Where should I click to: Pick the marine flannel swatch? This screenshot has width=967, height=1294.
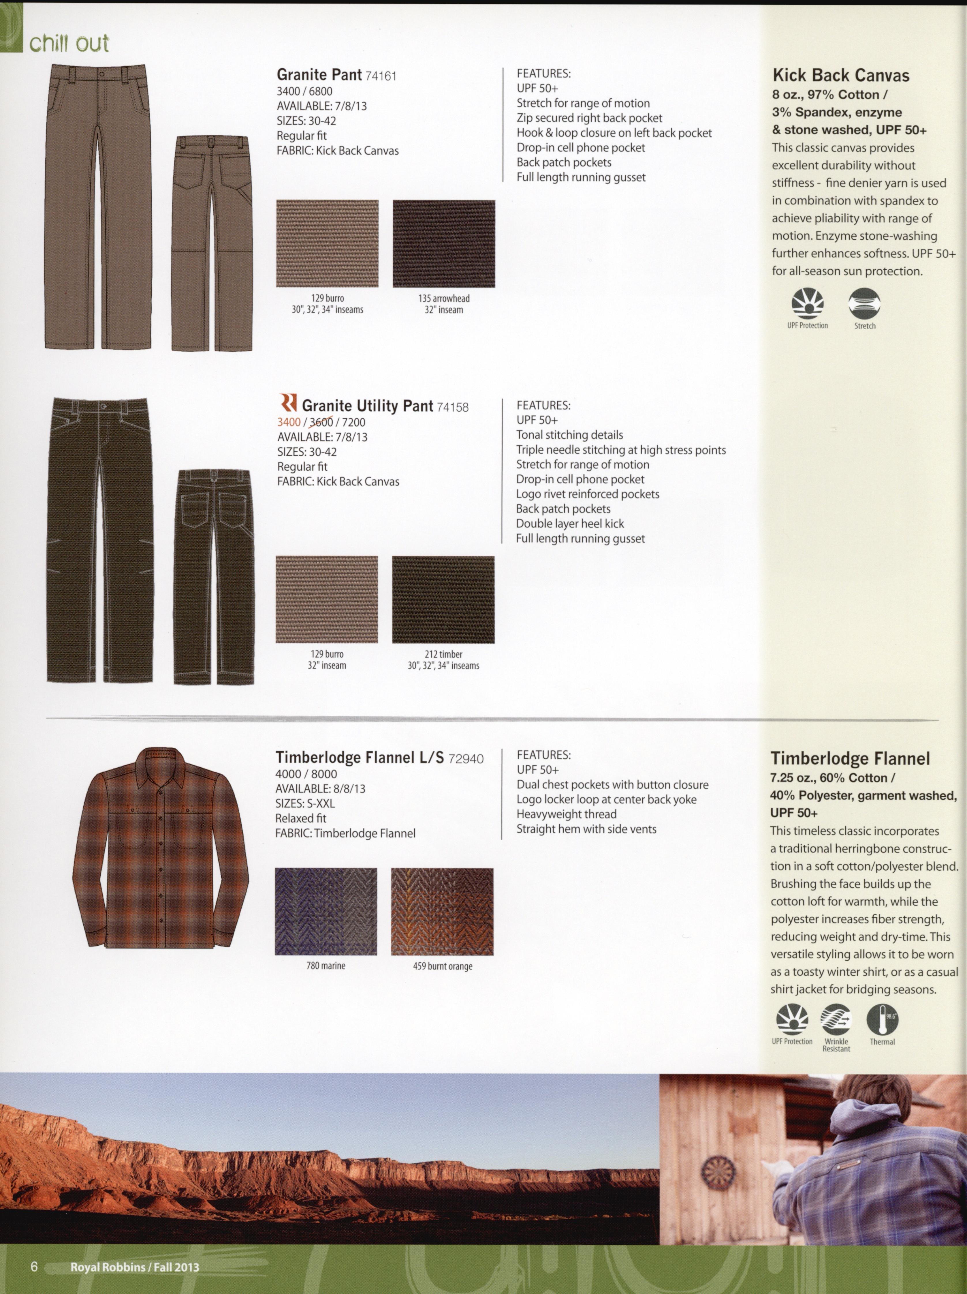pos(326,911)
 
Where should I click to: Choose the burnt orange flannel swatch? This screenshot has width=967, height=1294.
pos(442,911)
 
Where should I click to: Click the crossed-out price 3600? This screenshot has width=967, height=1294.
pos(321,422)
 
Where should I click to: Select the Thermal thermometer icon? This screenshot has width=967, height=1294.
pos(882,1020)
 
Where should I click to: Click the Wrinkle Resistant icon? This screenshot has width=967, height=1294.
pos(836,1020)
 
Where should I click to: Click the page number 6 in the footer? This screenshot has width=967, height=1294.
pos(34,1267)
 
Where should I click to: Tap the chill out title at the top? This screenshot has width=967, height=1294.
pos(69,43)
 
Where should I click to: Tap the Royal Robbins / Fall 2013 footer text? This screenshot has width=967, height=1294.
pos(135,1267)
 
